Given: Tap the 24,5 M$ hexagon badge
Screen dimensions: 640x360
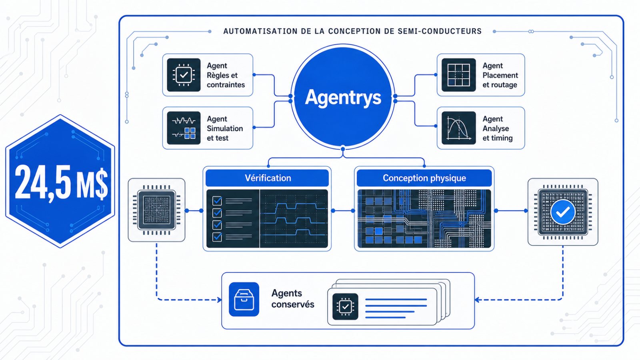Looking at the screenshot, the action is point(60,181).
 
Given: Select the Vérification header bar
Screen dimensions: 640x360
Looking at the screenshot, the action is point(267,178).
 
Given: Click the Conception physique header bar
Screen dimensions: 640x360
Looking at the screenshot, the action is point(424,178).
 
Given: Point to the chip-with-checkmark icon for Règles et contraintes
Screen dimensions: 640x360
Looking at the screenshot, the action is point(184,75).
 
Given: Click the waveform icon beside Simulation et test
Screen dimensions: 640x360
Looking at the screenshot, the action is point(184,128).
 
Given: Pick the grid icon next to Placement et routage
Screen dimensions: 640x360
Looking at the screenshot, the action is point(458,75).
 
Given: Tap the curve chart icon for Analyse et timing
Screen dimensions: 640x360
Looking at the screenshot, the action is point(458,128).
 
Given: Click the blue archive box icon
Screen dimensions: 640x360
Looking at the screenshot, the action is point(244,300).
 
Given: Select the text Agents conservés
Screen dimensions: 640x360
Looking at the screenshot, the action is point(292,298).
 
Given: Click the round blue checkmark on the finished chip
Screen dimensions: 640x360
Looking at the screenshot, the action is point(562,212).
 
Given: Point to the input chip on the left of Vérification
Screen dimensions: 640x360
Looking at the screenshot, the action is point(156,210).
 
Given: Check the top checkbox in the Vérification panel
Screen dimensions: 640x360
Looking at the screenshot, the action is point(217,200).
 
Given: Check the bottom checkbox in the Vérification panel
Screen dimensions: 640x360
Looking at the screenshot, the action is point(217,237).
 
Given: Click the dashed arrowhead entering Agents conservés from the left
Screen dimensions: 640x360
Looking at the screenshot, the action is point(220,300).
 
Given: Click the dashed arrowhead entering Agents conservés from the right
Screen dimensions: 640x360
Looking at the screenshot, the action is point(477,300).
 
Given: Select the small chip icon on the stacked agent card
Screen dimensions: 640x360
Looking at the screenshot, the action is point(345,306).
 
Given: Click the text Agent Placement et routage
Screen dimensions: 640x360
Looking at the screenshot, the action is point(500,75).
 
